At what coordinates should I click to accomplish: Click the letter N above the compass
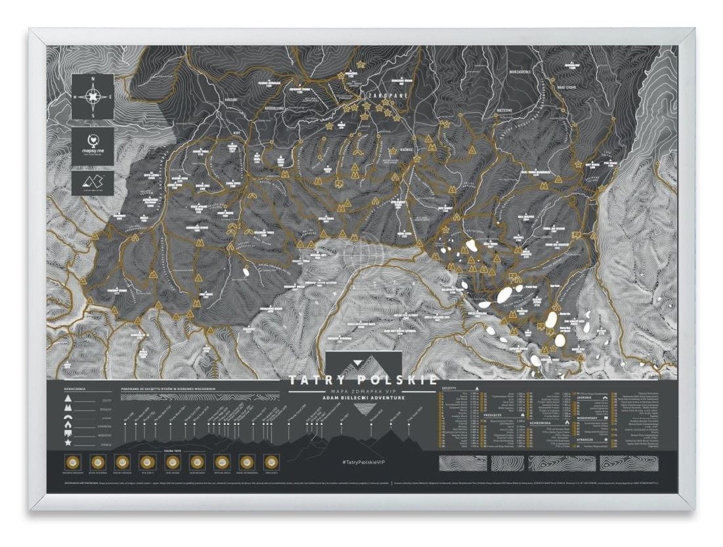(93, 79)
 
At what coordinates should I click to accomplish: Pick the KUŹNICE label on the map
(401, 150)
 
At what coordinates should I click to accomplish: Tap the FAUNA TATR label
(172, 452)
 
